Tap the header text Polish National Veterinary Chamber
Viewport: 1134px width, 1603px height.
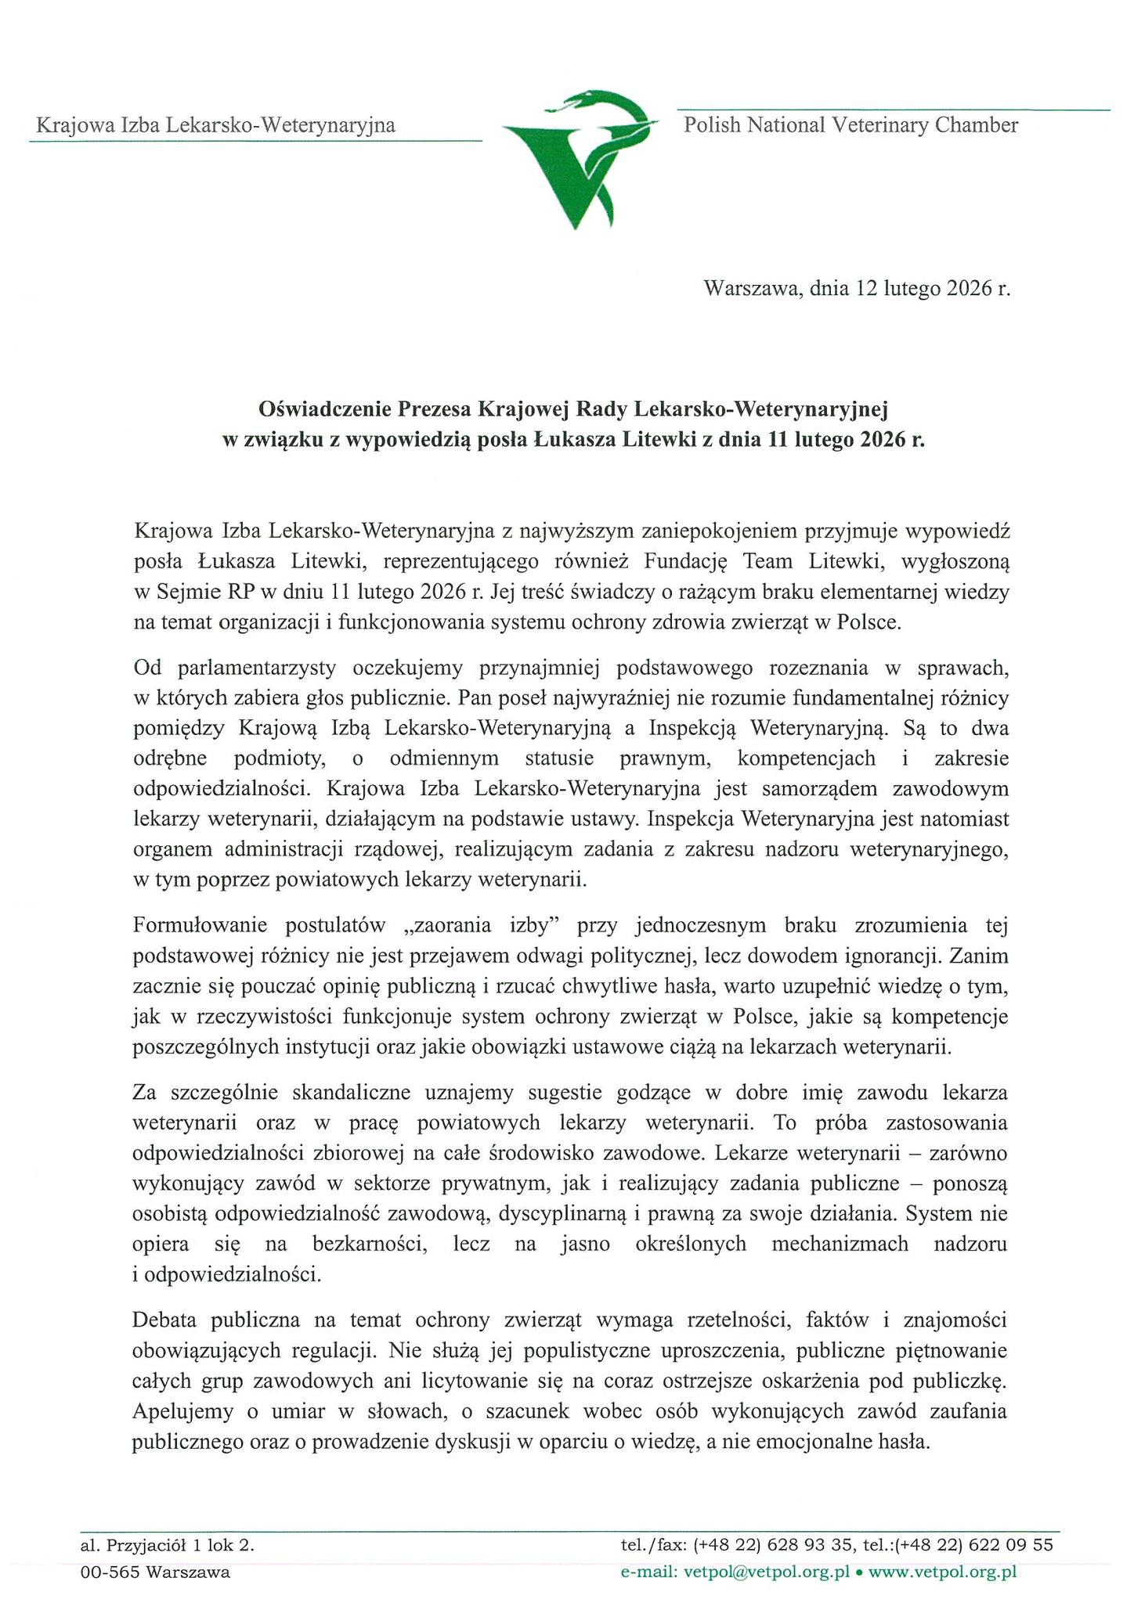(850, 125)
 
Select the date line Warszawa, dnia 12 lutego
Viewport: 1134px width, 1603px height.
(858, 289)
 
